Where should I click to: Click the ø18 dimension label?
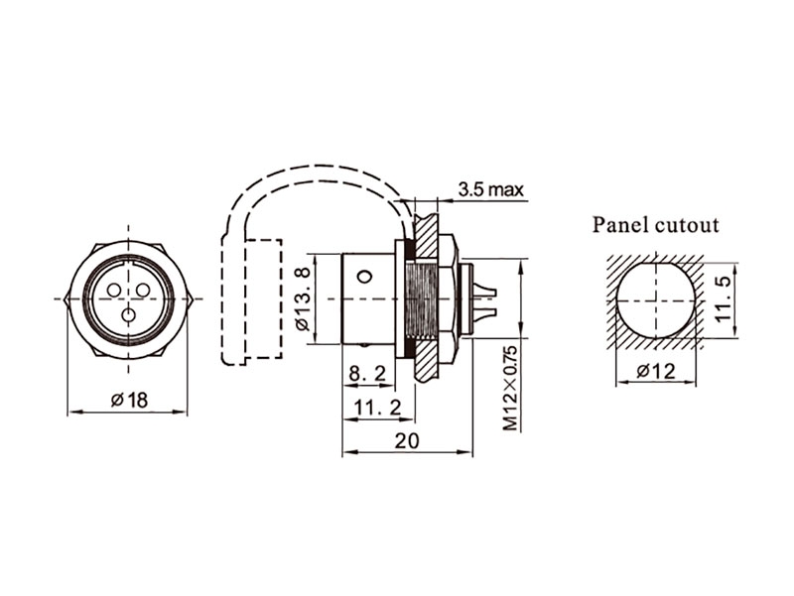point(129,400)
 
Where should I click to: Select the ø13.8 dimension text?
point(303,298)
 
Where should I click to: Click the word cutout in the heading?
point(688,225)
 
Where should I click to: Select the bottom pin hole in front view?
point(128,315)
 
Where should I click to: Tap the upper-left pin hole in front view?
point(113,290)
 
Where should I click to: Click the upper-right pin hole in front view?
point(143,290)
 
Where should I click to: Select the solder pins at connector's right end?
point(485,298)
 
